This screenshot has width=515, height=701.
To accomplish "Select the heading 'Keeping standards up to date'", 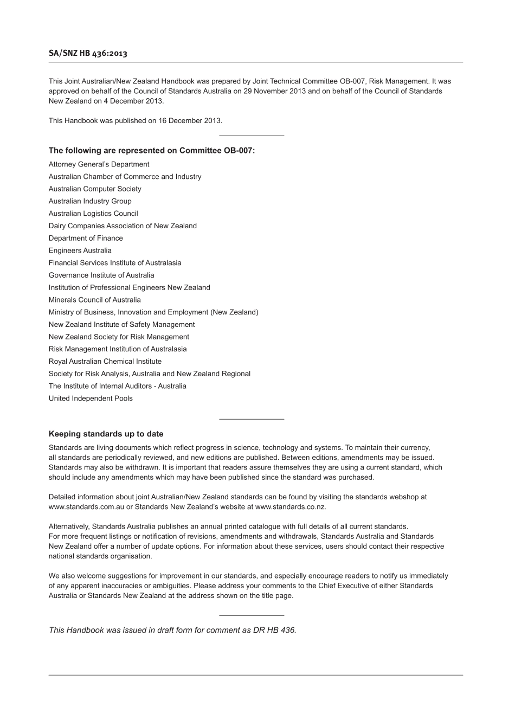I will [106, 434].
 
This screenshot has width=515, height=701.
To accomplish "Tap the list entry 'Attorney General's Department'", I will [99, 164].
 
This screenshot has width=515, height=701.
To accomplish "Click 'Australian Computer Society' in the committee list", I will [95, 189].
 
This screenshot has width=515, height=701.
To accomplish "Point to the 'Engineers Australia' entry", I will [80, 250].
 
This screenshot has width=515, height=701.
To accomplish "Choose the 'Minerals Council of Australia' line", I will [94, 300].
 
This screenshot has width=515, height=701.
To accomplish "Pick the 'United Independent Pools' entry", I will [91, 398].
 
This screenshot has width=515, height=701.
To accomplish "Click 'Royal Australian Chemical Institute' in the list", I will [105, 361].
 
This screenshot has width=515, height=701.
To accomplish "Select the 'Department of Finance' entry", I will [86, 238].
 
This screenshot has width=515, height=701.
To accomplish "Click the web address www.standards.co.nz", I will [290, 507].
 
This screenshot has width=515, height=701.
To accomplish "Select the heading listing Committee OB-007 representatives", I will [151, 150].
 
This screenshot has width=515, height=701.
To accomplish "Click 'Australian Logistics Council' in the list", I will [93, 214].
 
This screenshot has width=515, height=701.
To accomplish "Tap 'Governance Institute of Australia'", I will [101, 275].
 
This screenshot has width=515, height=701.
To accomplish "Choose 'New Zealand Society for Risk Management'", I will [119, 337].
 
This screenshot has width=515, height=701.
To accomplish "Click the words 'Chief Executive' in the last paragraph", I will [342, 586].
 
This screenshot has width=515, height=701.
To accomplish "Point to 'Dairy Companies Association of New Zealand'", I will [123, 226].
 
